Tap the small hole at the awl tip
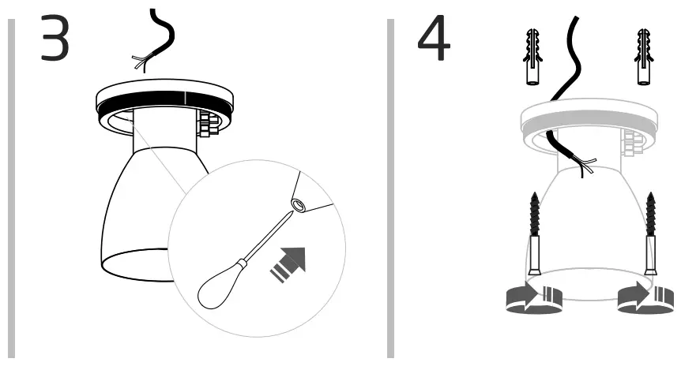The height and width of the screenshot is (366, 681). tap(299, 205)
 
